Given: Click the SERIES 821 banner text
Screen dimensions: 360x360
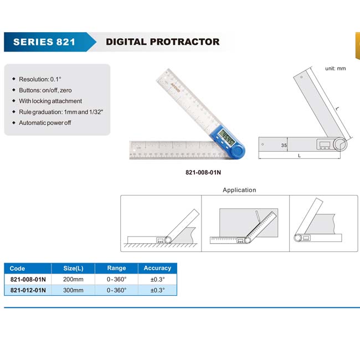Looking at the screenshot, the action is pyautogui.click(x=44, y=42).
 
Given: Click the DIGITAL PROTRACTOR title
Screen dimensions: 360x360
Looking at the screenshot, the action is pyautogui.click(x=162, y=42).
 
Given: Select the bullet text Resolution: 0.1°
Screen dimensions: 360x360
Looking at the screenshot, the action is pyautogui.click(x=40, y=79).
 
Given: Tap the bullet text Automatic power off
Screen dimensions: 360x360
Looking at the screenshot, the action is pyautogui.click(x=45, y=123).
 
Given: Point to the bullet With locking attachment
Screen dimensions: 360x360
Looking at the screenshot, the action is pyautogui.click(x=50, y=101).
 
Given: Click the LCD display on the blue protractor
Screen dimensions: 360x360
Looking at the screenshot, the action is pyautogui.click(x=227, y=137).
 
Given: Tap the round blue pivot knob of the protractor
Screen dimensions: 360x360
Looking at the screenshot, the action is pyautogui.click(x=237, y=151).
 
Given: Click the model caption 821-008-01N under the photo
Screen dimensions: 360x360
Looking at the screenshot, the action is pyautogui.click(x=203, y=172).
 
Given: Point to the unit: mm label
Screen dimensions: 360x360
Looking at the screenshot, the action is pyautogui.click(x=336, y=69).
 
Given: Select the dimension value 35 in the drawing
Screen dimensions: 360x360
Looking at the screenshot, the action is pyautogui.click(x=284, y=145).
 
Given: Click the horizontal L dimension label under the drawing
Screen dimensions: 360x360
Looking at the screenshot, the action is pyautogui.click(x=299, y=156).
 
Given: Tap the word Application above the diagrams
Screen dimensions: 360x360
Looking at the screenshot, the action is pyautogui.click(x=239, y=190).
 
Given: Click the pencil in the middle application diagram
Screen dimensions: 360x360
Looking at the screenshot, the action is pyautogui.click(x=258, y=217).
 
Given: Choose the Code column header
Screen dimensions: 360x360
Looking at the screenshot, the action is pyautogui.click(x=17, y=269).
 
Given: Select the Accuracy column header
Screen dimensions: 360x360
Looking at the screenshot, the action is pyautogui.click(x=157, y=268).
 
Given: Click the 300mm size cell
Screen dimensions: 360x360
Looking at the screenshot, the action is pyautogui.click(x=73, y=290).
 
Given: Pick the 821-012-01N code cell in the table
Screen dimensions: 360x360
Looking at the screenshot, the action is pyautogui.click(x=28, y=290).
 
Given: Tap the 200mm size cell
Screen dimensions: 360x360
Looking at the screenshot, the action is pyautogui.click(x=73, y=279).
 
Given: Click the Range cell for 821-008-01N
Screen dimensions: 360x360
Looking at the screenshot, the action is pyautogui.click(x=117, y=279).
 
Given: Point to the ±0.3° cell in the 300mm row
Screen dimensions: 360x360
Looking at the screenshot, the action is pyautogui.click(x=157, y=290).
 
